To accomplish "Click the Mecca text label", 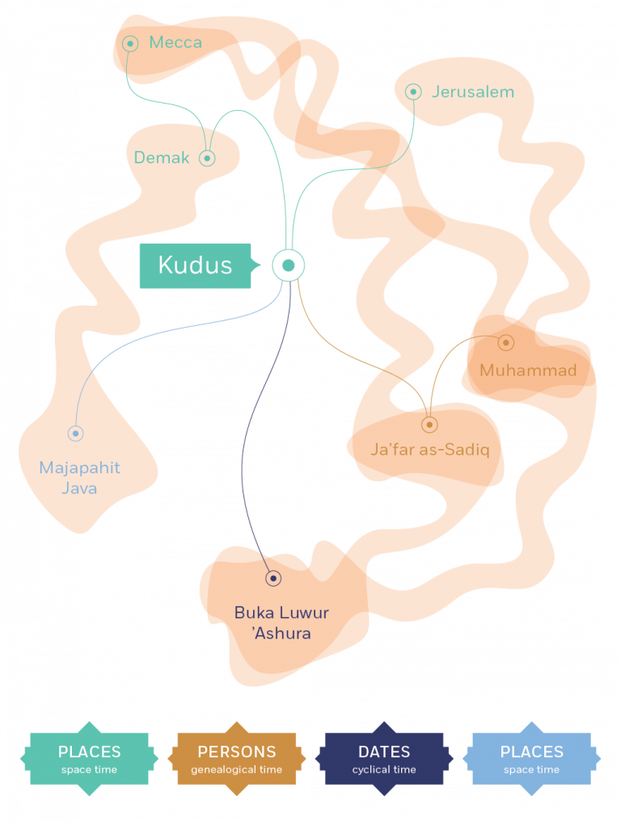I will pyautogui.click(x=175, y=42).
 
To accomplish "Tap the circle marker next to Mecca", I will pyautogui.click(x=130, y=43).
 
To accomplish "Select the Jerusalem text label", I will pyautogui.click(x=472, y=92).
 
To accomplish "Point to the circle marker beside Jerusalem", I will pyautogui.click(x=413, y=92).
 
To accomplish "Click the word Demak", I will pyautogui.click(x=162, y=158).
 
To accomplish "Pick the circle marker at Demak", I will pyautogui.click(x=208, y=158).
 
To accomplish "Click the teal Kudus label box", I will pyautogui.click(x=195, y=265).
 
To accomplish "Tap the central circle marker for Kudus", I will pyautogui.click(x=288, y=265).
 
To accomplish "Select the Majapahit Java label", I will pyautogui.click(x=79, y=477).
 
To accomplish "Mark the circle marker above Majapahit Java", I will pyautogui.click(x=75, y=434).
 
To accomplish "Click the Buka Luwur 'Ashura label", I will pyautogui.click(x=281, y=622).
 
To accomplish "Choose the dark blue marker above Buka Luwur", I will pyautogui.click(x=273, y=578).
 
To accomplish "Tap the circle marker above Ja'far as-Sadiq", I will pyautogui.click(x=429, y=424).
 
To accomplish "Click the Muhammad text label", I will pyautogui.click(x=528, y=371).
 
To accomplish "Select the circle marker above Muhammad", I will pyautogui.click(x=505, y=342).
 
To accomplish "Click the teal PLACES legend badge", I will pyautogui.click(x=89, y=759).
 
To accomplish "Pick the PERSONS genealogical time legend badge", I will pyautogui.click(x=236, y=759).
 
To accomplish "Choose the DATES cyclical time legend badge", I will pyautogui.click(x=384, y=759).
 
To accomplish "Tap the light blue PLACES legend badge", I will pyautogui.click(x=531, y=759).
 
